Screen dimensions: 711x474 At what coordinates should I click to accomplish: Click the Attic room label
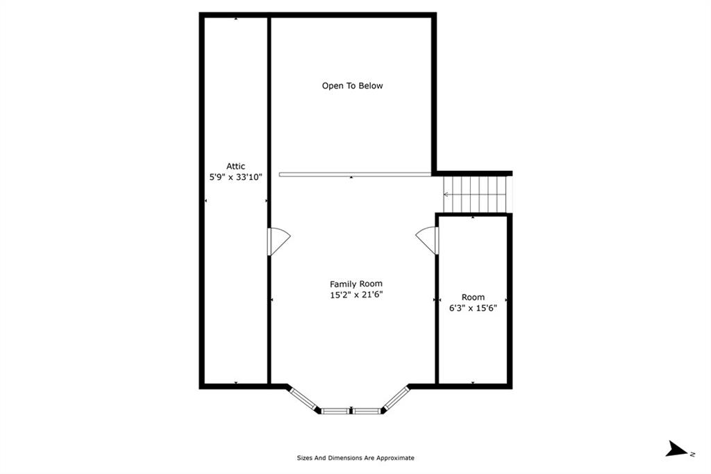(x=236, y=166)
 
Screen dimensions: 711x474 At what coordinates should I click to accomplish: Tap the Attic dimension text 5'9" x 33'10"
(x=236, y=177)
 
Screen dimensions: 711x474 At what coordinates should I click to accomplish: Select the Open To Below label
(x=352, y=85)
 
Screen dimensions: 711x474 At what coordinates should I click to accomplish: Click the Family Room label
(x=356, y=284)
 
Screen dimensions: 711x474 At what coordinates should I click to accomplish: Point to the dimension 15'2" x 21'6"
(x=356, y=295)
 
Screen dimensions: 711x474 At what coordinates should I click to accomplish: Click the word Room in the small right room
(x=473, y=297)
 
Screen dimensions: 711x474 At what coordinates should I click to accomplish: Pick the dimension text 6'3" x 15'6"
(x=473, y=309)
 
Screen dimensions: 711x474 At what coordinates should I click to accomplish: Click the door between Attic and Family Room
(x=278, y=241)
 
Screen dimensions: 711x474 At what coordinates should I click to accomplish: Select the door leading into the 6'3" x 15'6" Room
(x=428, y=240)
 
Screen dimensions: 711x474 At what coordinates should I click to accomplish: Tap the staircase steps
(x=475, y=195)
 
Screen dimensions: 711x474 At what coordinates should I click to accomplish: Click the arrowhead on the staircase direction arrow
(x=446, y=195)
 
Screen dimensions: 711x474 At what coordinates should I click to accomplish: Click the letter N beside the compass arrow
(x=692, y=454)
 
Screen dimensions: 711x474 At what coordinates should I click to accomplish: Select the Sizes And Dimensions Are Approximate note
(x=355, y=458)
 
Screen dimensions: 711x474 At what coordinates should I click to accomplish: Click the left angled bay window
(x=304, y=399)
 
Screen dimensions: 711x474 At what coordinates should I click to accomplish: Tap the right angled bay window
(x=396, y=399)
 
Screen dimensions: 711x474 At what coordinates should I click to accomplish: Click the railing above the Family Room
(x=355, y=174)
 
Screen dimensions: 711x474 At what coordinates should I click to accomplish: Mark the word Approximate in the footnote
(x=395, y=458)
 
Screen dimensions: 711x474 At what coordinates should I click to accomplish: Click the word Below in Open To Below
(x=371, y=85)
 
